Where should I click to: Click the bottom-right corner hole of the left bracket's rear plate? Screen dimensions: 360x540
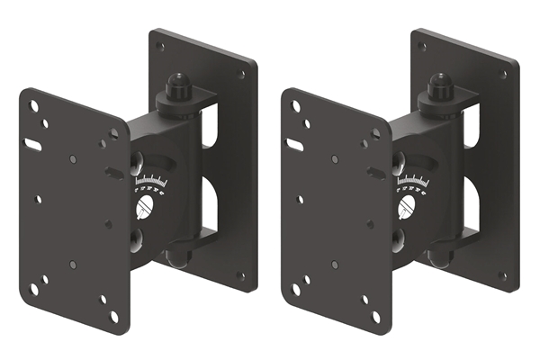(x=239, y=276)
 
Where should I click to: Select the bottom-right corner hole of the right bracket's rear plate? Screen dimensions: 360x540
(x=501, y=276)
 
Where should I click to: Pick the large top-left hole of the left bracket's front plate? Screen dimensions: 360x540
(x=34, y=106)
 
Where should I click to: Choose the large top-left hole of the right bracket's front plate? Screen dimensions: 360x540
(x=296, y=106)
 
